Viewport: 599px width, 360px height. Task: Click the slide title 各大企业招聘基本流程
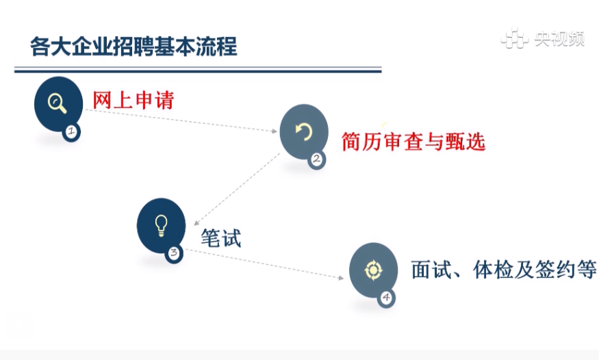pos(133,47)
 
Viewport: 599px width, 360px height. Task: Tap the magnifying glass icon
pos(57,103)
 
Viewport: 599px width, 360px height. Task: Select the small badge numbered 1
pos(71,131)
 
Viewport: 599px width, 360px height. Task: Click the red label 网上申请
pos(133,100)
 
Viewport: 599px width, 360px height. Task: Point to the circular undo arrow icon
pos(304,131)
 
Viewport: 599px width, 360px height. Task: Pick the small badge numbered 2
pos(317,159)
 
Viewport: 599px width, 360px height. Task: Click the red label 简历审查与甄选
pos(413,142)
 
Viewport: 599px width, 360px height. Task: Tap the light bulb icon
pos(161,225)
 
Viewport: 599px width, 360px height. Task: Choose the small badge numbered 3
pos(174,253)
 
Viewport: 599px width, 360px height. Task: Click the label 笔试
pos(221,238)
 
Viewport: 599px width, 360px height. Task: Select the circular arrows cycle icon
pos(373,270)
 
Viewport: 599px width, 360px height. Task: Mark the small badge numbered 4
pos(386,298)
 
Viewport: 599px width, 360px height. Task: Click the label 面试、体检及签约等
pos(503,270)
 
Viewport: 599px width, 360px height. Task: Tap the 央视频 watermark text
pos(559,38)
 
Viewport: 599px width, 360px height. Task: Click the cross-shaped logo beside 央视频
pos(514,38)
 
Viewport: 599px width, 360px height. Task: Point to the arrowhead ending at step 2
pos(275,131)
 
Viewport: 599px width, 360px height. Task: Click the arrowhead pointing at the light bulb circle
pos(196,223)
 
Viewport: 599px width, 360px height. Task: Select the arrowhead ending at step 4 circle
pos(341,278)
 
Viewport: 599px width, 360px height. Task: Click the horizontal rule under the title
pos(198,70)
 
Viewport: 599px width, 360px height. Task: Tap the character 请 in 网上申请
pos(164,100)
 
